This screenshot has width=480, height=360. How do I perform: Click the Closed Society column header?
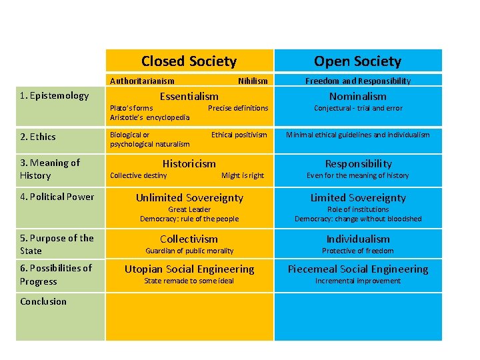(189, 61)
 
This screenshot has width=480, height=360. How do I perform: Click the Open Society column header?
(357, 61)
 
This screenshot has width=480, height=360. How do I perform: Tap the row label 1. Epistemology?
(55, 95)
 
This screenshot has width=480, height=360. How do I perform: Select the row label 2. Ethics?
(38, 137)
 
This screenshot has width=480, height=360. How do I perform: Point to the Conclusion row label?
(43, 301)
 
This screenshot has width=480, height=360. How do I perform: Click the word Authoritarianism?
(142, 81)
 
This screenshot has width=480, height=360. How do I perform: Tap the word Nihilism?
(253, 81)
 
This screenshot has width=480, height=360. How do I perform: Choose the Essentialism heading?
(189, 96)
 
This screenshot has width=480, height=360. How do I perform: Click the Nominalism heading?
(358, 96)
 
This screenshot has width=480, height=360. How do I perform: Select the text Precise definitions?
(238, 108)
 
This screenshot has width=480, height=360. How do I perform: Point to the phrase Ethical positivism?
(239, 135)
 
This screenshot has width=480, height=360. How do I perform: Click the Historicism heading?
(189, 163)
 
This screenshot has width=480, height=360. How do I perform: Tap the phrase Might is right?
(243, 175)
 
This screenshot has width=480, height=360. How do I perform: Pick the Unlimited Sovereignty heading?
(189, 197)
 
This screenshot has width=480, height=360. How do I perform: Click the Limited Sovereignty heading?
(358, 197)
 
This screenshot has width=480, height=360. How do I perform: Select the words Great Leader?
(189, 209)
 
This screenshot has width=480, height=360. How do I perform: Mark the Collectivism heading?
(189, 239)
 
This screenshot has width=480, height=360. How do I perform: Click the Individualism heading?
(358, 239)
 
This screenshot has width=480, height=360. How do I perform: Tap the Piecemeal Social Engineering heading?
(358, 269)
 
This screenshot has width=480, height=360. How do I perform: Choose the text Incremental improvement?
(358, 281)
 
